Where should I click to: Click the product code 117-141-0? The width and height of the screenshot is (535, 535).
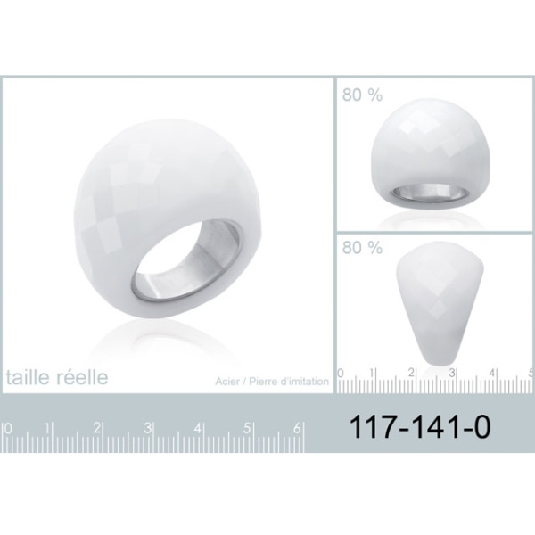[420, 426]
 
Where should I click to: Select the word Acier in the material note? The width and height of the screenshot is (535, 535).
[227, 381]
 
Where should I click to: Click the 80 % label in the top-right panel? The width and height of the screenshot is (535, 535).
[362, 95]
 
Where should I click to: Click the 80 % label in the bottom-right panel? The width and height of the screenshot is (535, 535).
[362, 247]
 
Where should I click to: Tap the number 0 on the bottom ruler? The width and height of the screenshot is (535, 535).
[8, 428]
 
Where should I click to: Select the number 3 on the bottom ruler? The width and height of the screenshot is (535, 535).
[147, 428]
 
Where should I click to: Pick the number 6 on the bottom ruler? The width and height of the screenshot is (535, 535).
[297, 428]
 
